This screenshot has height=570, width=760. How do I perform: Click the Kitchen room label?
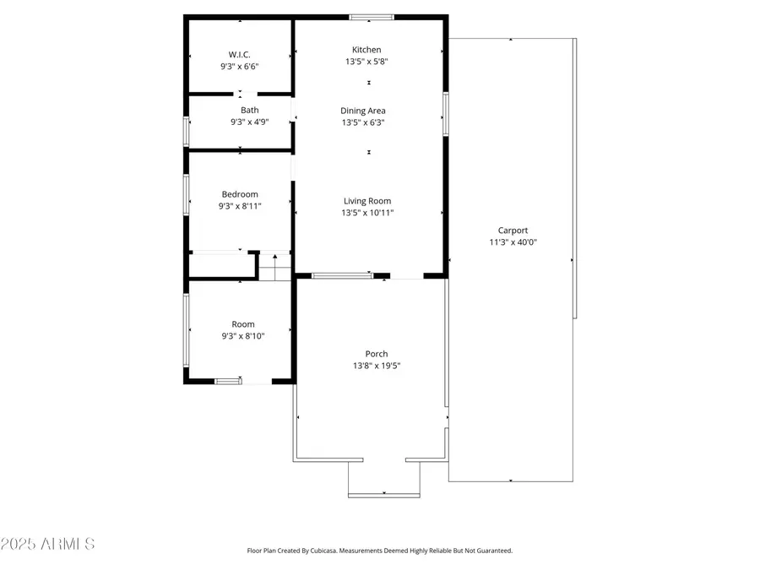tap(366, 50)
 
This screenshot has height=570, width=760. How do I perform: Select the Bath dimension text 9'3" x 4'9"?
tap(250, 122)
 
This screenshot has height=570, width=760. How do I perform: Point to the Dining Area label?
tap(363, 111)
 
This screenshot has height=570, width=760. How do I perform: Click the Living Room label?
tap(367, 201)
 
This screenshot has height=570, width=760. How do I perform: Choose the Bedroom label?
tap(240, 194)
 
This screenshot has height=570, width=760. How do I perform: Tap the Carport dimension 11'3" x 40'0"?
tap(513, 242)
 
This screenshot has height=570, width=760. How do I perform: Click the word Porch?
tap(377, 354)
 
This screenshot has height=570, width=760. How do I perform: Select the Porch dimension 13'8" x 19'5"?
tap(377, 366)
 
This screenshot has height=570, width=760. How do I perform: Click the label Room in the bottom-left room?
tap(243, 324)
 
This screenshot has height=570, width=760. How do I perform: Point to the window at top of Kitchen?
tap(372, 17)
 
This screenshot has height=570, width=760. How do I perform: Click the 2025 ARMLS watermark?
tap(48, 544)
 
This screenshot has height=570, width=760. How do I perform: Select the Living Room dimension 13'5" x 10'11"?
tap(367, 213)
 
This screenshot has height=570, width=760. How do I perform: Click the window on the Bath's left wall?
tap(187, 131)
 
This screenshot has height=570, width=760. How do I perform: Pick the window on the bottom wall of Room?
tap(228, 382)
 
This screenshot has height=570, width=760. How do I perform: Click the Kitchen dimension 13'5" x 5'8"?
tap(366, 62)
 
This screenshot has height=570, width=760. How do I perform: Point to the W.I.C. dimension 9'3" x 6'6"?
tap(239, 66)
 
